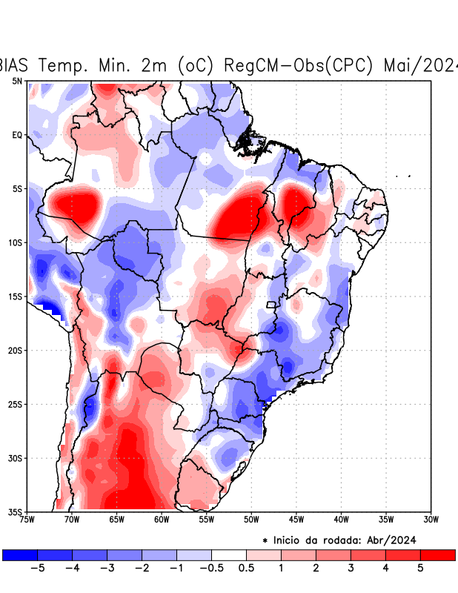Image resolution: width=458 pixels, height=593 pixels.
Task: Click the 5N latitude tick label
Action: (17, 81)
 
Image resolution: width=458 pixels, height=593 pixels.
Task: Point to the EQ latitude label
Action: (17, 135)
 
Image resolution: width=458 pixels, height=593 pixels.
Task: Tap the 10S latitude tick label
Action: (16, 242)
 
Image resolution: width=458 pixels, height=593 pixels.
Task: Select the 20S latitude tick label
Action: (16, 350)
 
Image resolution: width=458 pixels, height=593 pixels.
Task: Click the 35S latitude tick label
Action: (16, 511)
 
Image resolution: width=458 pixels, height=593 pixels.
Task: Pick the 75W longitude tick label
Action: (28, 520)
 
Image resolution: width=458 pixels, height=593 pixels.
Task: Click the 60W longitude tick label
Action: (162, 520)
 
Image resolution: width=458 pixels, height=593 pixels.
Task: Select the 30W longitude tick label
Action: (431, 520)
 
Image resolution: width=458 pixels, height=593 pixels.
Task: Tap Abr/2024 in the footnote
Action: (394, 540)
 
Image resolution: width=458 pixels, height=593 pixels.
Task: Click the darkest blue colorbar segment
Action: (20, 554)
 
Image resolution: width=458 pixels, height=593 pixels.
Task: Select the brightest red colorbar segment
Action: (437, 554)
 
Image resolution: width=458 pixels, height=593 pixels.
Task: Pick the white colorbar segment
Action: (229, 554)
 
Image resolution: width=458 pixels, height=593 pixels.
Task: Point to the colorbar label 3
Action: (351, 569)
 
